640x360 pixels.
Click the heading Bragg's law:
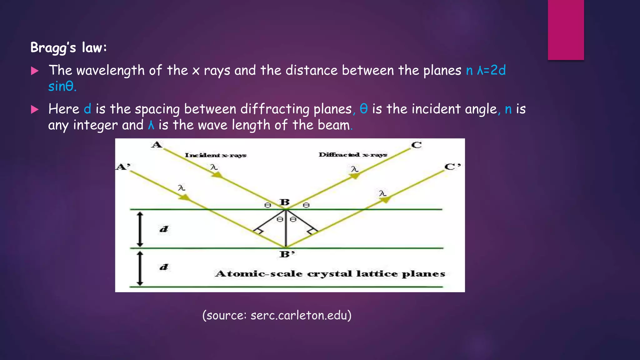pyautogui.click(x=69, y=48)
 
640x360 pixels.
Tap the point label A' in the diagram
pyautogui.click(x=123, y=167)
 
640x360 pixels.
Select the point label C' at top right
pyautogui.click(x=452, y=167)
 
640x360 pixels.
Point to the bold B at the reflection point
pyautogui.click(x=285, y=202)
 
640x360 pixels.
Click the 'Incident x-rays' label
pyautogui.click(x=216, y=155)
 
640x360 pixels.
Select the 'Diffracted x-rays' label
pyautogui.click(x=353, y=155)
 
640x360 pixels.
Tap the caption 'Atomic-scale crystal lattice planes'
pyautogui.click(x=330, y=274)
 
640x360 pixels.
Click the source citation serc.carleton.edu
pyautogui.click(x=277, y=315)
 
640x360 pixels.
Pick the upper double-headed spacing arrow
pyautogui.click(x=140, y=229)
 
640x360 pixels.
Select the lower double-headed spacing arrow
pyautogui.click(x=140, y=268)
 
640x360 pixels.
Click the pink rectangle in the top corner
pyautogui.click(x=566, y=30)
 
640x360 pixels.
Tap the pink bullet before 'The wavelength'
pyautogui.click(x=35, y=71)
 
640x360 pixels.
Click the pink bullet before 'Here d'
pyautogui.click(x=35, y=110)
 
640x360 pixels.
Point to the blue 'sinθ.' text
pyautogui.click(x=62, y=87)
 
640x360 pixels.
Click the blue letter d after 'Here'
pyautogui.click(x=87, y=109)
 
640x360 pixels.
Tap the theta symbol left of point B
pyautogui.click(x=267, y=205)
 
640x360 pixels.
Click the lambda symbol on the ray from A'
pyautogui.click(x=182, y=188)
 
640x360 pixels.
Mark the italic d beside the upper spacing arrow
pyautogui.click(x=164, y=229)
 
